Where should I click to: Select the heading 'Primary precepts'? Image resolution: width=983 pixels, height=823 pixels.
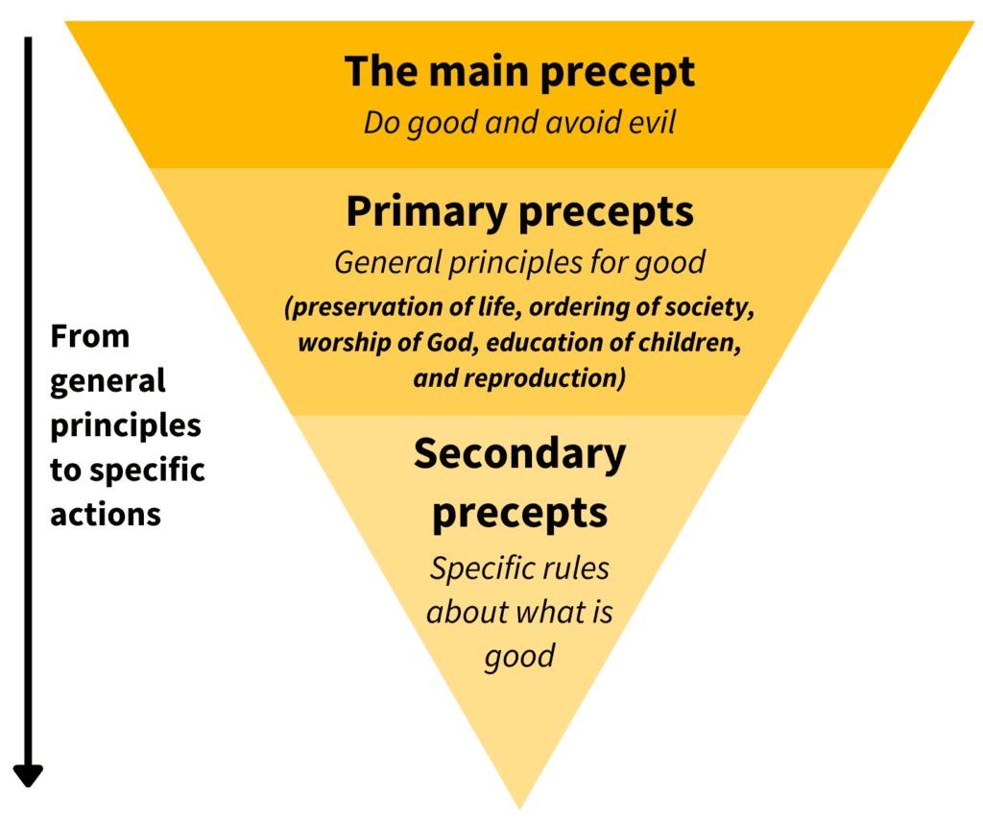tap(519, 213)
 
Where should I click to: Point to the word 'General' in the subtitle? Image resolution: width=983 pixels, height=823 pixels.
tap(388, 262)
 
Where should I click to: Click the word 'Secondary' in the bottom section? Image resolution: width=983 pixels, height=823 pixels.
tap(519, 455)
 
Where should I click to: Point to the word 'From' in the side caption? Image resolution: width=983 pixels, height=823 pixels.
tap(89, 337)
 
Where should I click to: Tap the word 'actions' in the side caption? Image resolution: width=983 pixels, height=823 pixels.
tap(106, 515)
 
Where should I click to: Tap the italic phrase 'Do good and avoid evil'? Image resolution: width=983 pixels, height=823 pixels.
tap(519, 123)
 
